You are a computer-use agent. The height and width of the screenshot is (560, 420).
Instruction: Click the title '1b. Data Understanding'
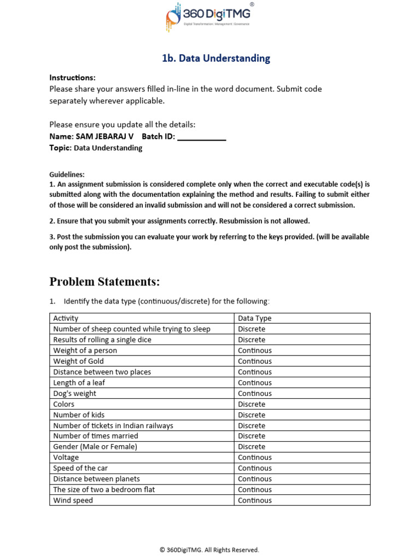pyautogui.click(x=216, y=58)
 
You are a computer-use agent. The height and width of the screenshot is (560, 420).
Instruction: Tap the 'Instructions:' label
pyautogui.click(x=72, y=78)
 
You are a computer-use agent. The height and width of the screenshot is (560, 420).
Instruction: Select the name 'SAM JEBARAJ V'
pyautogui.click(x=104, y=137)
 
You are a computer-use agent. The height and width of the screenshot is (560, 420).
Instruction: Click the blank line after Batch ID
pyautogui.click(x=202, y=137)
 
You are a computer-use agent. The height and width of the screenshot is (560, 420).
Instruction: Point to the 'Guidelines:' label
pyautogui.click(x=67, y=174)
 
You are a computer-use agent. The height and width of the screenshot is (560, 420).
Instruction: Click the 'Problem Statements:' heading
pyautogui.click(x=104, y=282)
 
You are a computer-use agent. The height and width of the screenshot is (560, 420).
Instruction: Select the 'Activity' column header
pyautogui.click(x=66, y=318)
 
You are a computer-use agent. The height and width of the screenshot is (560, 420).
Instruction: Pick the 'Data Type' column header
pyautogui.click(x=254, y=318)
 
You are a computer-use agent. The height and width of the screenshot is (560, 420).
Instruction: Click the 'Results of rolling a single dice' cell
pyautogui.click(x=102, y=340)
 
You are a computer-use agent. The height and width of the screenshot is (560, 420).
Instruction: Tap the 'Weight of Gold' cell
pyautogui.click(x=78, y=361)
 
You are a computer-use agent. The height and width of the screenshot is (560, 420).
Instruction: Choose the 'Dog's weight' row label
pyautogui.click(x=74, y=393)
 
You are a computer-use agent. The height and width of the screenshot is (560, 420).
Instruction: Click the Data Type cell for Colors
pyautogui.click(x=252, y=404)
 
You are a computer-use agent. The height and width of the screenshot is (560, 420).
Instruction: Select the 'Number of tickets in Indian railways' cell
pyautogui.click(x=113, y=425)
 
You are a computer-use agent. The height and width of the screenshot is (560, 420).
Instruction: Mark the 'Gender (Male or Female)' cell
pyautogui.click(x=95, y=447)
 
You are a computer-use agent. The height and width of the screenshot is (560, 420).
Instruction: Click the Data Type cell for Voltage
pyautogui.click(x=254, y=457)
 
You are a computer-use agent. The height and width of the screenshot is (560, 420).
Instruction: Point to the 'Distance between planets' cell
pyautogui.click(x=96, y=479)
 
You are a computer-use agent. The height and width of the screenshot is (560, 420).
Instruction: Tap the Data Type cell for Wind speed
pyautogui.click(x=254, y=500)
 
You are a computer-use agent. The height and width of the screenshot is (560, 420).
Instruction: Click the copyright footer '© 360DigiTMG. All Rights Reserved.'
pyautogui.click(x=209, y=550)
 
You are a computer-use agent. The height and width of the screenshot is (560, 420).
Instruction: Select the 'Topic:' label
pyautogui.click(x=60, y=148)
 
